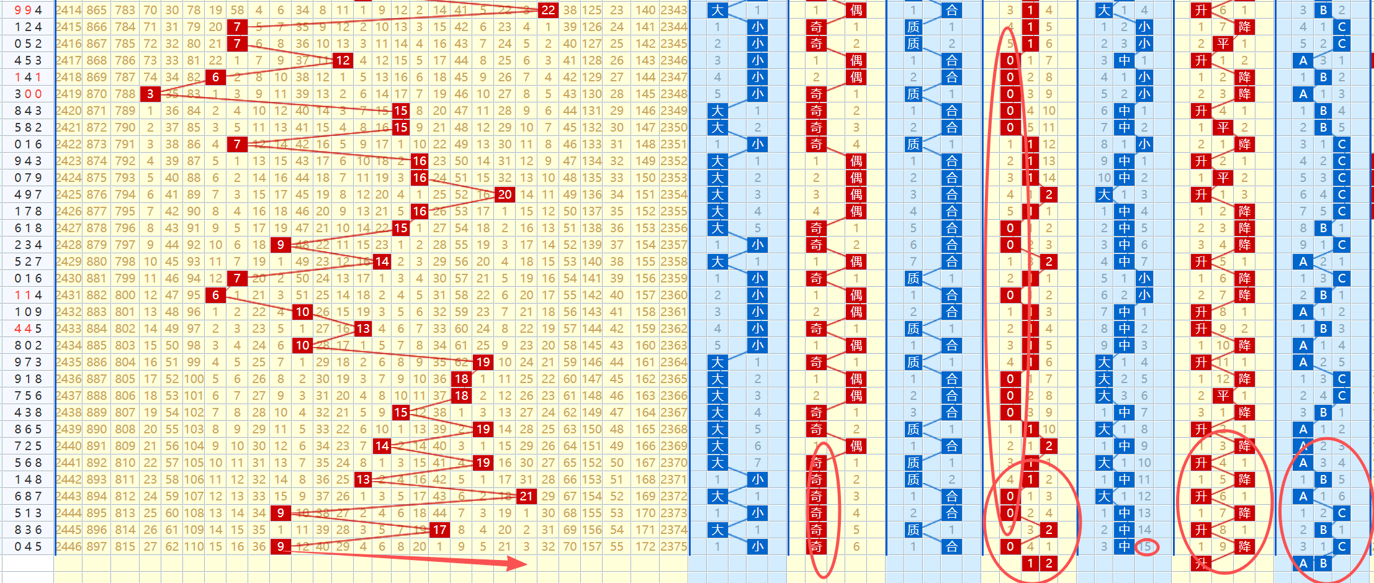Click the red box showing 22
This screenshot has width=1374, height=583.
click(548, 10)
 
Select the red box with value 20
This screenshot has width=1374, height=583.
click(505, 194)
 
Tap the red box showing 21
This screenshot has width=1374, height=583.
click(526, 496)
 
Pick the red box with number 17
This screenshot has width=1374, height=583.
click(439, 530)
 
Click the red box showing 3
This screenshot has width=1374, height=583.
click(150, 94)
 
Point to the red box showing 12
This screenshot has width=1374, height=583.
click(343, 60)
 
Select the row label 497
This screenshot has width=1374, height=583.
click(28, 194)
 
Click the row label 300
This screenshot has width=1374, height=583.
click(28, 94)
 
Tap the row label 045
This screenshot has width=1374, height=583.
click(28, 546)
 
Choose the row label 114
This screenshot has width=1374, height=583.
click(28, 295)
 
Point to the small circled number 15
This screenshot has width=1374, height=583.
click(1145, 547)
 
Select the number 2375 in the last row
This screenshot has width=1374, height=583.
click(673, 546)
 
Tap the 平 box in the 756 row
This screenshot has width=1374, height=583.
click(1223, 395)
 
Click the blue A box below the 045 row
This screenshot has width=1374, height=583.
click(1303, 563)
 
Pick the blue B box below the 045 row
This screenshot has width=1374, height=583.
click(1323, 563)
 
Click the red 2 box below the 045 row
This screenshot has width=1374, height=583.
click(1049, 563)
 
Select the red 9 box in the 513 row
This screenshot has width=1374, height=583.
click(281, 513)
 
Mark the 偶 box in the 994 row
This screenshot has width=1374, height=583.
click(856, 10)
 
